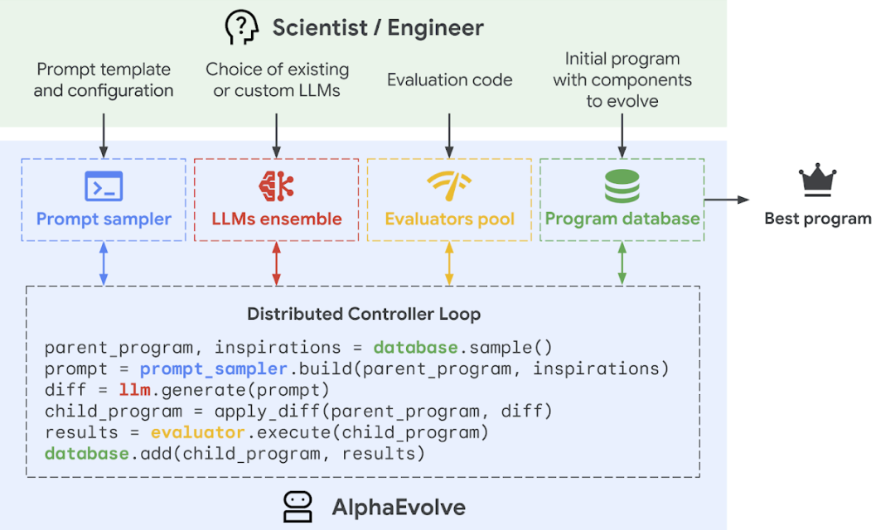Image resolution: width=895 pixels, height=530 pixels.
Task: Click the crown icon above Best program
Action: pyautogui.click(x=817, y=181)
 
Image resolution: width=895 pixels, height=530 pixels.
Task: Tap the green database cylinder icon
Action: pyautogui.click(x=622, y=185)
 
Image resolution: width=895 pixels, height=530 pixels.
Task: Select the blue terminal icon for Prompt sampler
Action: pyautogui.click(x=104, y=186)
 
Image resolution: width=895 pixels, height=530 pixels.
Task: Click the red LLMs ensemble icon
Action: pyautogui.click(x=276, y=185)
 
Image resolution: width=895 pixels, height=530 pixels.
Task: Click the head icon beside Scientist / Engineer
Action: pyautogui.click(x=242, y=27)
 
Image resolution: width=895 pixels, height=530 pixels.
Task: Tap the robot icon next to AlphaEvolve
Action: pyautogui.click(x=298, y=506)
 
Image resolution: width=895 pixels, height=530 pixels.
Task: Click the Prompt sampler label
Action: pyautogui.click(x=104, y=219)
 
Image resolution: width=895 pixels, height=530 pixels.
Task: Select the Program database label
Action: pyautogui.click(x=622, y=219)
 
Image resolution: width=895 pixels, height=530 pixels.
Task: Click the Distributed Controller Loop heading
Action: pyautogui.click(x=364, y=314)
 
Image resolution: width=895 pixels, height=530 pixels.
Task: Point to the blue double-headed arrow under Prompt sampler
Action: pyautogui.click(x=104, y=263)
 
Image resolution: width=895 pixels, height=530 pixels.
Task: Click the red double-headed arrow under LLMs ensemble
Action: pyautogui.click(x=276, y=263)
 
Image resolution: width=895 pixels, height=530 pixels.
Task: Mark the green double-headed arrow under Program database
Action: pyautogui.click(x=622, y=263)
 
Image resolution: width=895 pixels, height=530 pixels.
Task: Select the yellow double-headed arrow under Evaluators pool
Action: pyautogui.click(x=449, y=263)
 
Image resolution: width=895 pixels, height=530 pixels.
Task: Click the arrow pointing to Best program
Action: pyautogui.click(x=727, y=200)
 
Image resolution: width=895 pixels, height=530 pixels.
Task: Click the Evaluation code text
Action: pyautogui.click(x=450, y=80)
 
